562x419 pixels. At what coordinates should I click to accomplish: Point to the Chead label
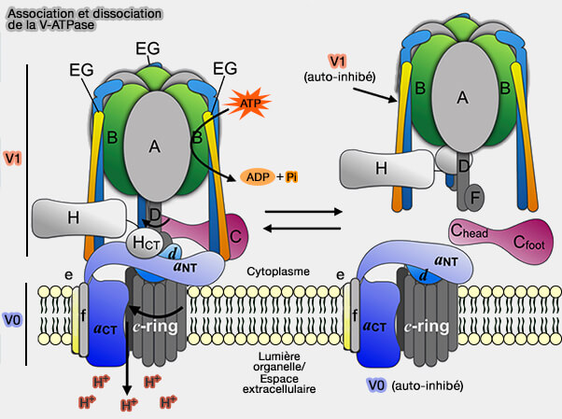pyautogui.click(x=467, y=231)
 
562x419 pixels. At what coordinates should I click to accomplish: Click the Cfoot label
pyautogui.click(x=529, y=241)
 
